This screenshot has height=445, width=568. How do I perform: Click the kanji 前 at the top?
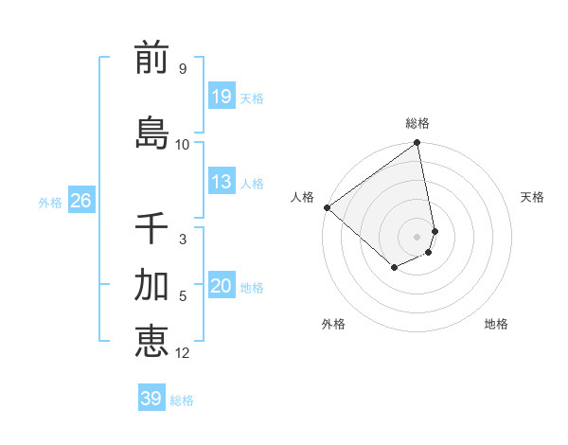[x=151, y=60]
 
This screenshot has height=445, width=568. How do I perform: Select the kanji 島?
[x=151, y=133]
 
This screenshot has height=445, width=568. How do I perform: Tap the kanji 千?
[x=151, y=228]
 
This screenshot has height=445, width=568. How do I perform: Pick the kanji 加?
[x=151, y=285]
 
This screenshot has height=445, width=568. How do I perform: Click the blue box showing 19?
[x=222, y=97]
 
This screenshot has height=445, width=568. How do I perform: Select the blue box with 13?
[x=222, y=182]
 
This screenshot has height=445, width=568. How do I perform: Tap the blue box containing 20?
[x=222, y=287]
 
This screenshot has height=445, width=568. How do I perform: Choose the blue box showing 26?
[x=81, y=201]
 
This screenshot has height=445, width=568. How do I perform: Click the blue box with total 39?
[x=151, y=399]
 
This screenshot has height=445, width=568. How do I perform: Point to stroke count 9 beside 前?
[x=182, y=69]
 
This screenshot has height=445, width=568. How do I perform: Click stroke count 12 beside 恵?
[x=183, y=353]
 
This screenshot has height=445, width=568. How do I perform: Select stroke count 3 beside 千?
[x=182, y=240]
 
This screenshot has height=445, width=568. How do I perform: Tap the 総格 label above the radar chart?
[x=417, y=123]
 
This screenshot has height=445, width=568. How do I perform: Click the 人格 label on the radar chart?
[x=303, y=197]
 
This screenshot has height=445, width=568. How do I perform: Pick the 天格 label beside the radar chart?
[x=532, y=197]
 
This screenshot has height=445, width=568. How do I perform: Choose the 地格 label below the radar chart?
[x=496, y=324]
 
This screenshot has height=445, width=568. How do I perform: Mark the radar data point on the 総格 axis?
[x=417, y=144]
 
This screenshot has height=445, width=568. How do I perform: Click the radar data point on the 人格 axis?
[x=327, y=207]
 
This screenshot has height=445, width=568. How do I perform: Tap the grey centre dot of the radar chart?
[x=417, y=237]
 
